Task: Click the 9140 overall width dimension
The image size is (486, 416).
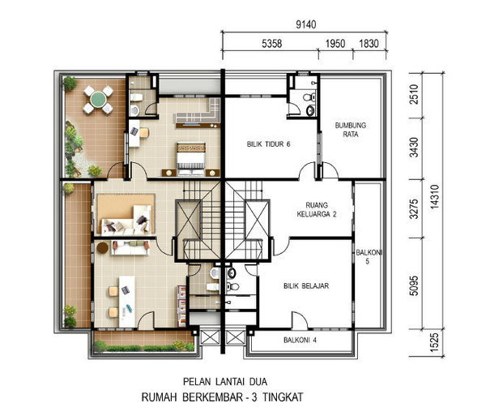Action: [x=306, y=24]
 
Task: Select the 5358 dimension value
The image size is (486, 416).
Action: [x=272, y=44]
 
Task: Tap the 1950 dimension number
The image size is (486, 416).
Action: [x=335, y=44]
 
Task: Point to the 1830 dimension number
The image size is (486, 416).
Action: [x=369, y=44]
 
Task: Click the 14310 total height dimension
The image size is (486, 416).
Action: [x=435, y=197]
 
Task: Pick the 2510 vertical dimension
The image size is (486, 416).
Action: [x=414, y=94]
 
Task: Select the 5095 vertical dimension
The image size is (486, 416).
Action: [x=414, y=285]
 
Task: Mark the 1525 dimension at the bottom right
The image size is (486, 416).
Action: [x=435, y=342]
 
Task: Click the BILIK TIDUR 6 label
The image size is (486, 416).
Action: [x=268, y=144]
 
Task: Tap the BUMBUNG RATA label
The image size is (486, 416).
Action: [x=351, y=130]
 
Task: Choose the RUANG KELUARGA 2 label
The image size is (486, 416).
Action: [x=317, y=210]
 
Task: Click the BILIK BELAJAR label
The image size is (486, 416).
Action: [x=306, y=286]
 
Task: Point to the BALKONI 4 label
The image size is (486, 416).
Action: [x=300, y=341]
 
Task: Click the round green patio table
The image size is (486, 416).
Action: [x=98, y=99]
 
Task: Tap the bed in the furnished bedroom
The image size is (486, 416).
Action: [x=191, y=159]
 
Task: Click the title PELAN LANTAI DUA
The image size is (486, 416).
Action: [x=225, y=382]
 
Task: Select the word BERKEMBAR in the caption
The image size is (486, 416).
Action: [x=212, y=397]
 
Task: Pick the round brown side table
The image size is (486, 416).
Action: [x=103, y=247]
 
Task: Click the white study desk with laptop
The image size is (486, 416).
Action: [x=127, y=301]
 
